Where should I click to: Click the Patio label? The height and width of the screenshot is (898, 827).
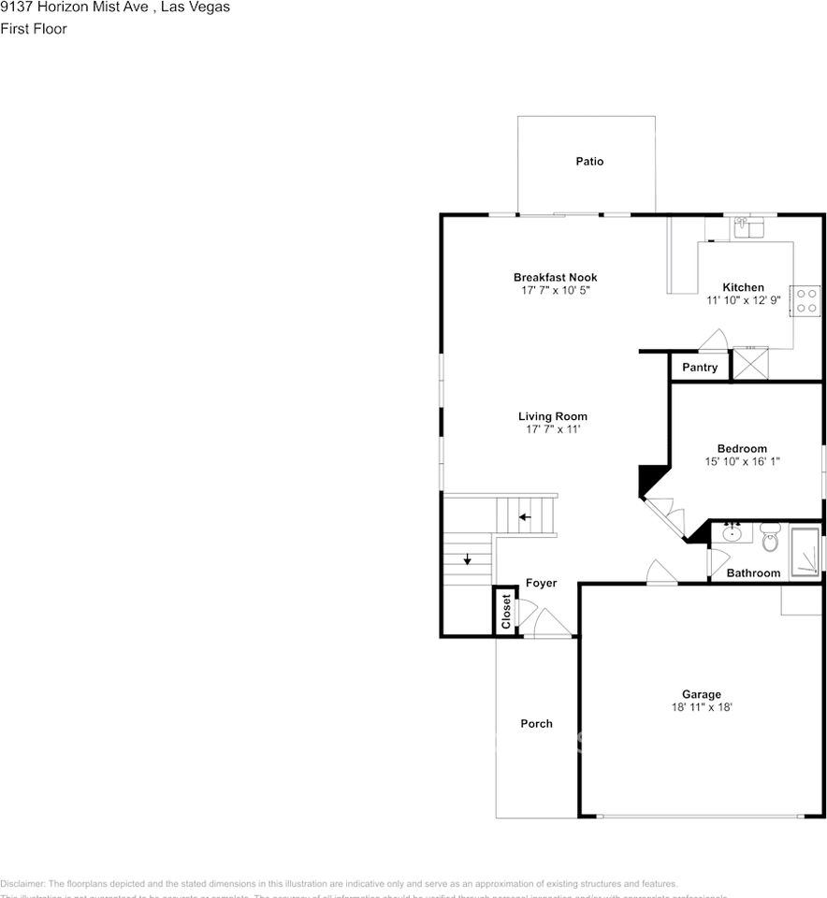pos(589,162)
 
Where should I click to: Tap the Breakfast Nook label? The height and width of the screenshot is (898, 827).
pos(555,278)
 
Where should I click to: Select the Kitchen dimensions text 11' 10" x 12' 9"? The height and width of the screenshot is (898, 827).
pos(743,301)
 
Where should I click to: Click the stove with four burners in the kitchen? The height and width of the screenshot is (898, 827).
pos(805,300)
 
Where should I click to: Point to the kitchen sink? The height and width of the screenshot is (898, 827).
pos(748,226)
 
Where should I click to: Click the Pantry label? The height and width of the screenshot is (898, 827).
pos(700,368)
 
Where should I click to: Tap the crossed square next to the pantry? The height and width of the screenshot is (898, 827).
pos(750,363)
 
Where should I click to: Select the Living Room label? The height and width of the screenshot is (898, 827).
pos(553,416)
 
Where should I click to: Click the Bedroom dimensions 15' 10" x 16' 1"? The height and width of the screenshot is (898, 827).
pos(742,461)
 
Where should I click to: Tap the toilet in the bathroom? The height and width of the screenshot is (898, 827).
pos(770,537)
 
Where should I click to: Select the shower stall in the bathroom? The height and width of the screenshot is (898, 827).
pos(805,553)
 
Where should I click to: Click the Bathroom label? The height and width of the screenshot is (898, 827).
pos(753,573)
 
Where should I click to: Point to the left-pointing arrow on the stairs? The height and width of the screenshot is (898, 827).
pos(525,516)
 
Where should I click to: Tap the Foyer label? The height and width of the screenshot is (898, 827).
pos(541,583)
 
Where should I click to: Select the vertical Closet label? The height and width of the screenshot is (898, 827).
pos(506,612)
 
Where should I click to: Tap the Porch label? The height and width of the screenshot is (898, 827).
pos(536,723)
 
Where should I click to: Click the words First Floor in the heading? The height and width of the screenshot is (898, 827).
pos(34,29)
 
